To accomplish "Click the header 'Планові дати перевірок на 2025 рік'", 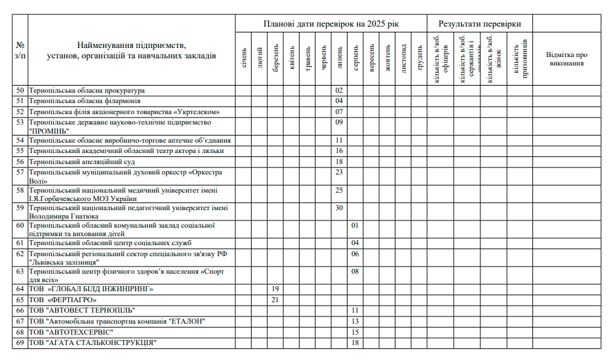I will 331,24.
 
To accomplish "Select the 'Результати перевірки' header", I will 479,24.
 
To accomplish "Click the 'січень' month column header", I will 244,58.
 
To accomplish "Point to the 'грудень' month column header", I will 419,58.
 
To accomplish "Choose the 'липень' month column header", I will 339,58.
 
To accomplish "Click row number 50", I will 20,90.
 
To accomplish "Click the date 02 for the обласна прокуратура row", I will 339,90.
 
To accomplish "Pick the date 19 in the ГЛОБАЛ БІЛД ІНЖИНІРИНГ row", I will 275,289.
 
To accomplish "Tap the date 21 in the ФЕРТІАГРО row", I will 275,300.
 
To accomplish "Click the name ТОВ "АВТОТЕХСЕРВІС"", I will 75,331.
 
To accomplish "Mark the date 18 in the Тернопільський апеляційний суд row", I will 339,162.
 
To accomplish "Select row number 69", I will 20,342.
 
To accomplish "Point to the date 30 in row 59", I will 339,208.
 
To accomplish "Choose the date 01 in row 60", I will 355,225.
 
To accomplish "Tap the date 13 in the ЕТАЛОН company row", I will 355,321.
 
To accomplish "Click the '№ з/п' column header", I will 20,51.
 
